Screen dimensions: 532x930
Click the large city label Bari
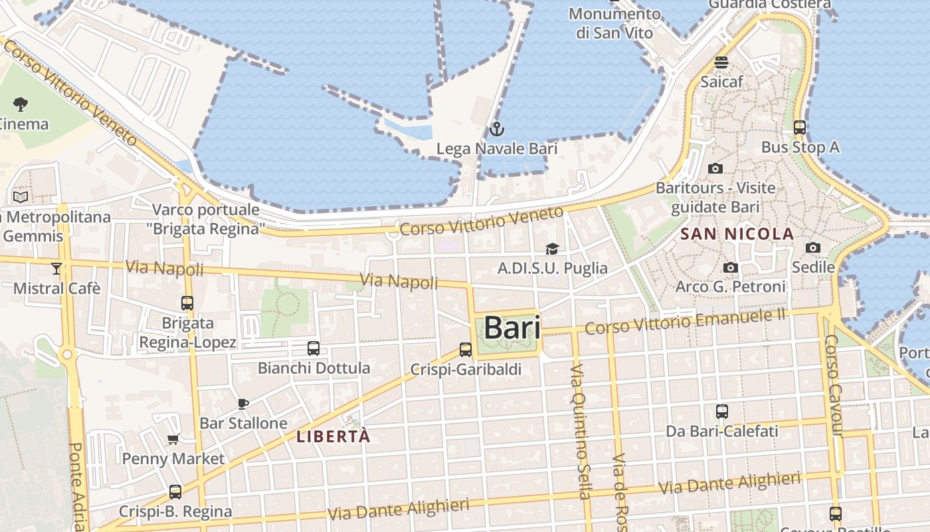(x=511, y=327)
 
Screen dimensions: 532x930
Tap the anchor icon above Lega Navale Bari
(x=496, y=129)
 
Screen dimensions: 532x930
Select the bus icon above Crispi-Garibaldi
(x=466, y=349)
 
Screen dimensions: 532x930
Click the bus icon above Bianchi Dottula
(x=314, y=348)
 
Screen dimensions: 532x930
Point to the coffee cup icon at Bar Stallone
(x=243, y=404)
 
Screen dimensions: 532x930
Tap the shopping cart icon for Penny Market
(x=173, y=439)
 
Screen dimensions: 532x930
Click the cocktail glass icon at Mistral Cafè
(x=56, y=268)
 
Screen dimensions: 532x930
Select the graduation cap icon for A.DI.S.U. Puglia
(x=552, y=249)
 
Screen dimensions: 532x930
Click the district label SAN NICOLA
(x=737, y=234)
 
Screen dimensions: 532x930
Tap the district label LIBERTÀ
(x=333, y=437)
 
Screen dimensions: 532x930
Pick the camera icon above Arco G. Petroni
(x=731, y=267)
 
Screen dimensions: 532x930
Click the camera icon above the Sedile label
(x=812, y=247)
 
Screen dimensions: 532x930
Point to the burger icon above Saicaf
(x=721, y=63)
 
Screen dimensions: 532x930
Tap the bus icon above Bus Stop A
(x=800, y=127)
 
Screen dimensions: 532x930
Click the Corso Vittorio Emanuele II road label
(x=685, y=321)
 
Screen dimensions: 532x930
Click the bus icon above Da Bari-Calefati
(x=722, y=411)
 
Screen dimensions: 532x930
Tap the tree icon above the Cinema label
(x=21, y=104)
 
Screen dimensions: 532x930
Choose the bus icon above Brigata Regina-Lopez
(x=187, y=303)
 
